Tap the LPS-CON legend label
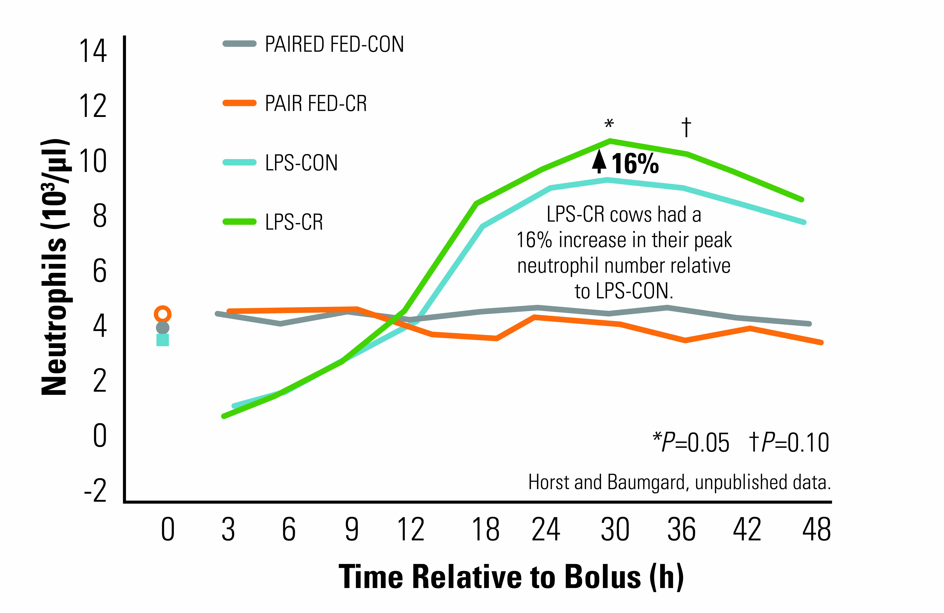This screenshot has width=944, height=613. click(301, 163)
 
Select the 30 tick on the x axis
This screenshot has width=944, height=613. click(615, 529)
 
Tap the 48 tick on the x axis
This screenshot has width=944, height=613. click(816, 529)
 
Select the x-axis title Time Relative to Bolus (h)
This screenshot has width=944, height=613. click(511, 577)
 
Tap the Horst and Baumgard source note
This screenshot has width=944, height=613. click(679, 482)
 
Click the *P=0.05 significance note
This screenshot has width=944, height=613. click(691, 443)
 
